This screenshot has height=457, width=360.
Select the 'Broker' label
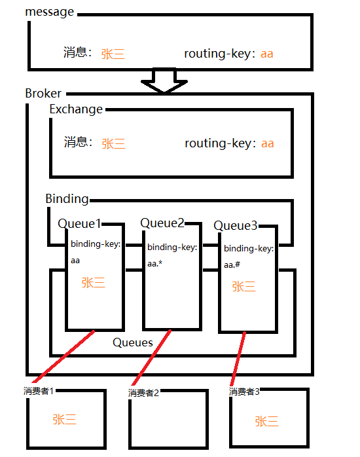[x=43, y=94]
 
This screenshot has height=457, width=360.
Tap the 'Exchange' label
[x=76, y=109]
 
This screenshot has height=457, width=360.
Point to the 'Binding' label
[x=67, y=198]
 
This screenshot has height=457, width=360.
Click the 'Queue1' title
[x=79, y=224]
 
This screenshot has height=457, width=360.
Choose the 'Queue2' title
[x=162, y=223]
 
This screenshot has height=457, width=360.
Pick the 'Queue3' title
[x=236, y=226]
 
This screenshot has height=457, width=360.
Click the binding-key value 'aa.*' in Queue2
[x=157, y=265]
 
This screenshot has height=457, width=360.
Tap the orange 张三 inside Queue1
[x=93, y=283]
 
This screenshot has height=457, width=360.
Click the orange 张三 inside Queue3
[x=243, y=287]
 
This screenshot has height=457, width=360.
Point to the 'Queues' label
[x=133, y=342]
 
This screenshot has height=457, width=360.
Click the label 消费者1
[x=38, y=391]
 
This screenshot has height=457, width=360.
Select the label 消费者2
[x=143, y=393]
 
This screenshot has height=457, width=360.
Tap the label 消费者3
[x=244, y=392]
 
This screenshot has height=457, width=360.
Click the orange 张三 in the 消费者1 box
[x=65, y=420]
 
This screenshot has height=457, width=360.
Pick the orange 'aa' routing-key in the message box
[x=266, y=54]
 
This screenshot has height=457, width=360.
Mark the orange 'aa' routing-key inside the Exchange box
[x=267, y=143]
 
